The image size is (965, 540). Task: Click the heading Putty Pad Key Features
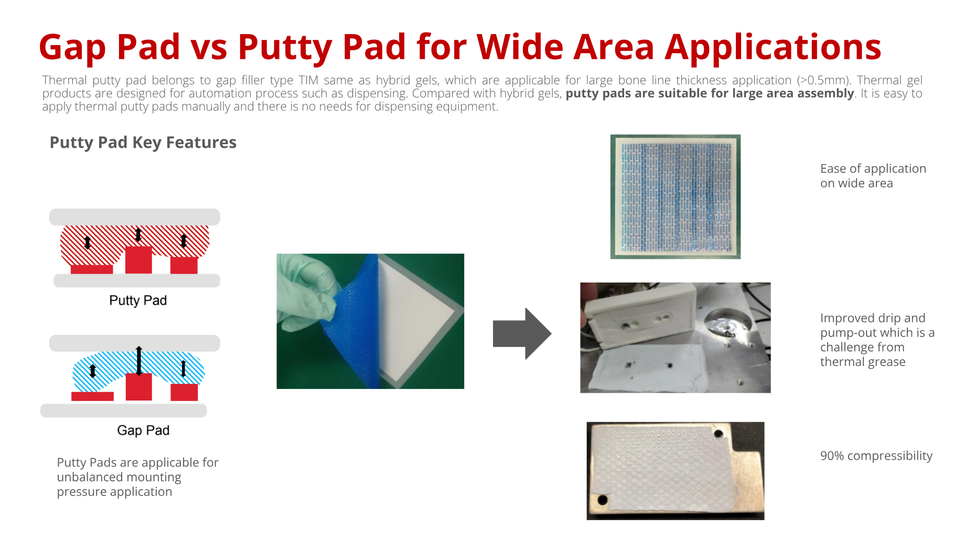tap(143, 143)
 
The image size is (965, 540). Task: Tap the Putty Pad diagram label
tap(138, 300)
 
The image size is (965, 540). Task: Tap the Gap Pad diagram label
tap(143, 430)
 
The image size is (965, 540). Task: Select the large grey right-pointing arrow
tap(522, 333)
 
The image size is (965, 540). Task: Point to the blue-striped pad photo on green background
tap(676, 197)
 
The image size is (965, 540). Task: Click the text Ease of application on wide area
tap(873, 176)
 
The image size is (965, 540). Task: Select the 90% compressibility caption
tap(876, 456)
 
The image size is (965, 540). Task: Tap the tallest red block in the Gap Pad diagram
tap(139, 387)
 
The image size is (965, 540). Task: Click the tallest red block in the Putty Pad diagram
tap(138, 260)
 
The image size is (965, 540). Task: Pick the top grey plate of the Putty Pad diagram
tap(135, 217)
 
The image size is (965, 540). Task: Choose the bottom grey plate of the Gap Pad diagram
tap(124, 411)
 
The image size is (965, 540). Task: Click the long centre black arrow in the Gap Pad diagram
tap(138, 361)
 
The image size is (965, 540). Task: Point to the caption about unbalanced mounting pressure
tap(137, 477)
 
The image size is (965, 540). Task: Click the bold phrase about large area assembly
tap(710, 93)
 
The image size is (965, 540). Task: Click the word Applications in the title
tap(773, 47)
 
